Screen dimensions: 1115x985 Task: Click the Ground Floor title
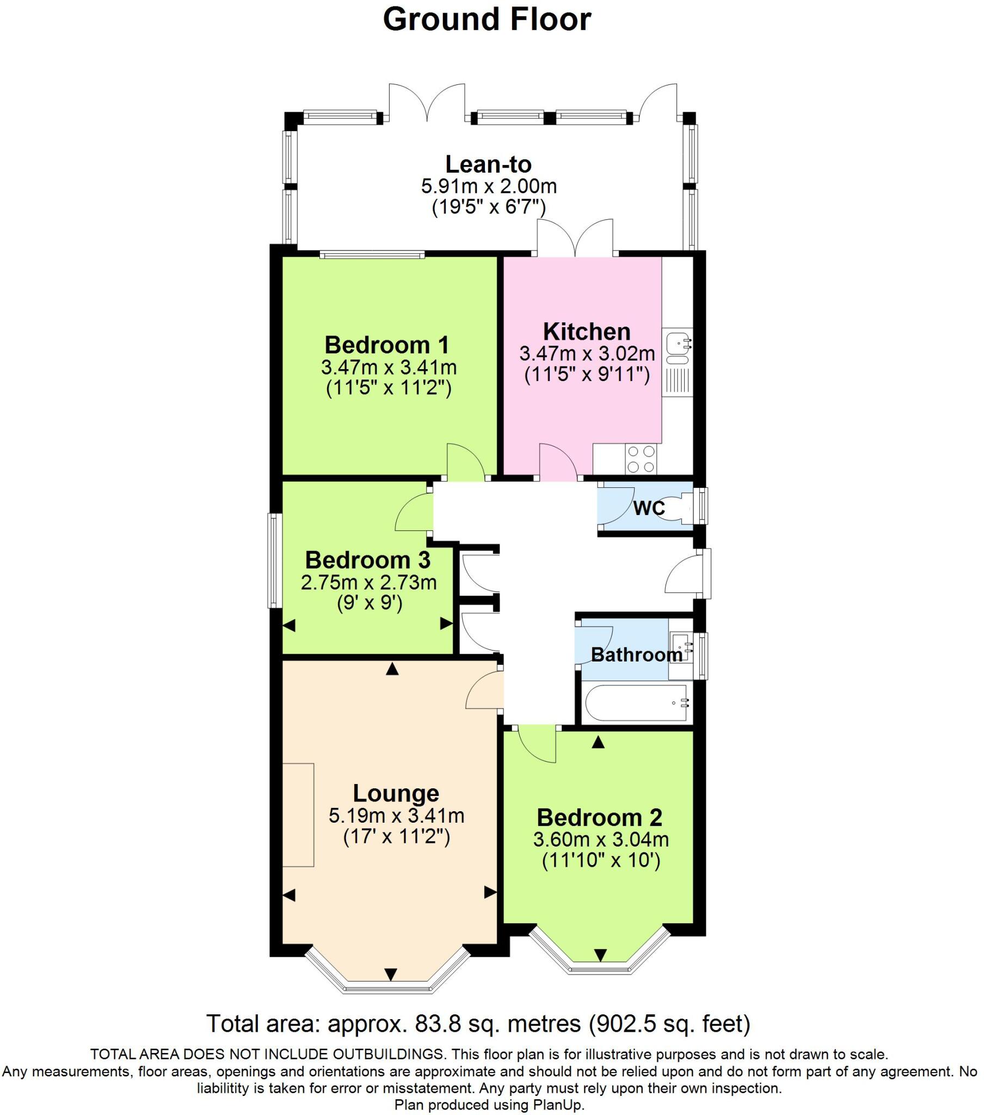click(x=487, y=20)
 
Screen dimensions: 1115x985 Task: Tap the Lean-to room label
click(x=488, y=164)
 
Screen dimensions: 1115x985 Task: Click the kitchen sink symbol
click(x=677, y=346)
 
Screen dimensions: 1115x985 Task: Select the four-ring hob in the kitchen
click(x=641, y=459)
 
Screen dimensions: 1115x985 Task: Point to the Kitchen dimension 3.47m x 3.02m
click(x=587, y=353)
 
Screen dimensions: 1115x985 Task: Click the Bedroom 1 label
click(x=387, y=345)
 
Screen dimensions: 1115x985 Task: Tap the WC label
click(x=649, y=508)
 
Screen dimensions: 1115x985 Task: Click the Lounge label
click(x=396, y=794)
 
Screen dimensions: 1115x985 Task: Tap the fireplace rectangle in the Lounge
click(x=298, y=815)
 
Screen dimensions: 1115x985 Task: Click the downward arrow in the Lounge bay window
click(x=391, y=973)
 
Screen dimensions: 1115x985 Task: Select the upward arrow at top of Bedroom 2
click(x=598, y=742)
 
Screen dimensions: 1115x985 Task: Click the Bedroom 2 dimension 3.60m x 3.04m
click(x=601, y=840)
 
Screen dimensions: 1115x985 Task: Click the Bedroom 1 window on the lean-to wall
click(x=372, y=254)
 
